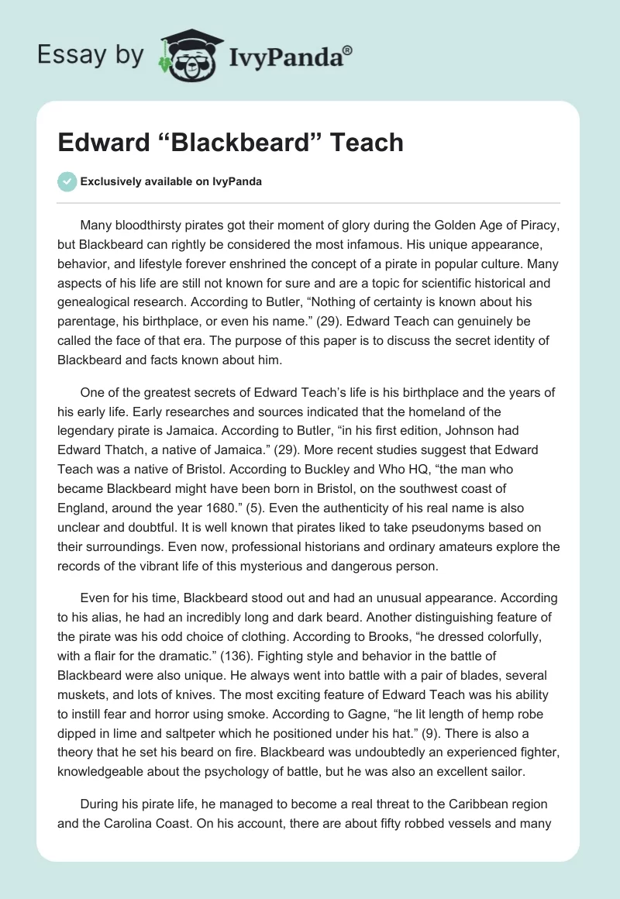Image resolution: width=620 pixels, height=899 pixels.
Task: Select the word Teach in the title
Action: tap(367, 143)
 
